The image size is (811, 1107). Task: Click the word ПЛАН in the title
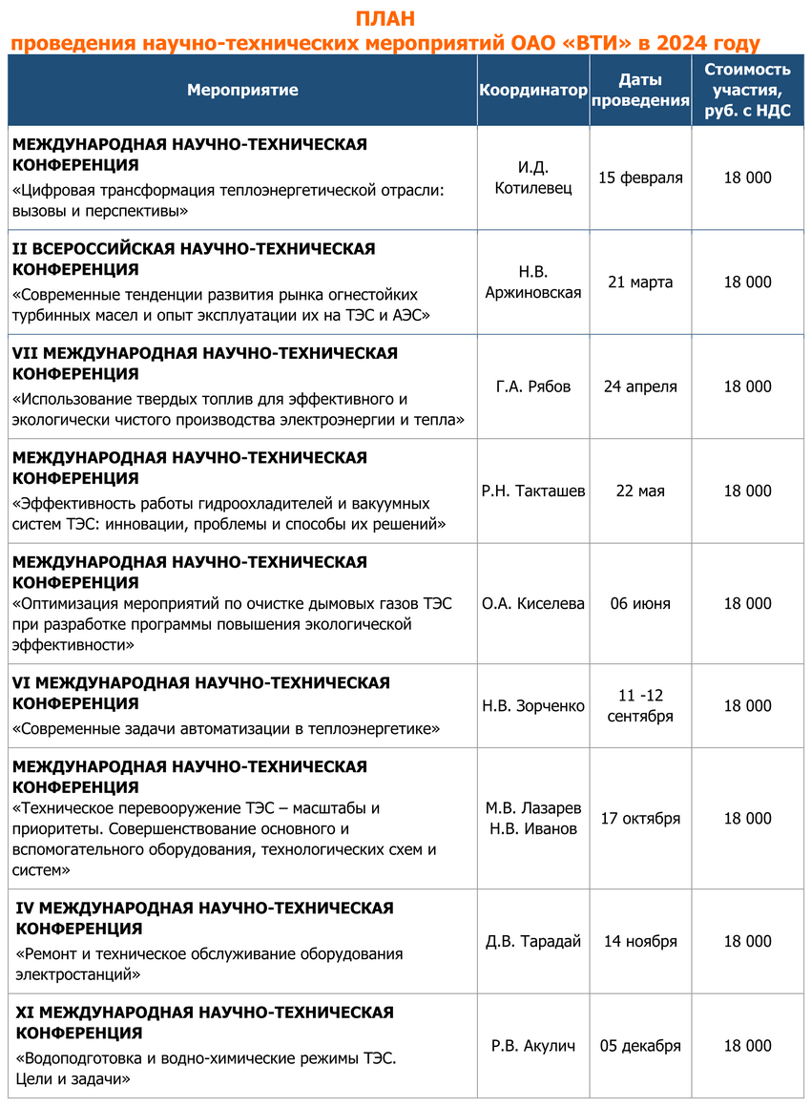[x=385, y=20]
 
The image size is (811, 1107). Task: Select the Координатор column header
[x=533, y=90]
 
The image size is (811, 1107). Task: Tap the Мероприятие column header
[x=242, y=90]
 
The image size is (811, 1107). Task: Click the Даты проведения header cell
[x=640, y=90]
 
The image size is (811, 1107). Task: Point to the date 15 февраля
[x=640, y=178]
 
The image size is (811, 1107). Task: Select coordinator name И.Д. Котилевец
[x=533, y=178]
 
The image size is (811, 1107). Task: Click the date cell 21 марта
[x=640, y=282]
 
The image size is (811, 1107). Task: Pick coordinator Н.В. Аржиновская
[x=533, y=282]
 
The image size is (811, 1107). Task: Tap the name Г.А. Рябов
[x=533, y=386]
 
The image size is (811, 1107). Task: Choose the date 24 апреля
[x=640, y=386]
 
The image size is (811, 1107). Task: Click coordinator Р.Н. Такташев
[x=533, y=491]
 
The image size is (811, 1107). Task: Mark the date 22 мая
[x=640, y=491]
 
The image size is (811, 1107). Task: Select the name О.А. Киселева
[x=533, y=603]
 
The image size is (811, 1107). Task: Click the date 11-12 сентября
[x=640, y=706]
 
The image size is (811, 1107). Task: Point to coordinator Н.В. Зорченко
[x=533, y=706]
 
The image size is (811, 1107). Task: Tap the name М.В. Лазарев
[x=533, y=808]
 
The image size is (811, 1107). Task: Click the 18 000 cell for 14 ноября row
[x=747, y=941]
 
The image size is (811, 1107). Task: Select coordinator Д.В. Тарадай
[x=533, y=941]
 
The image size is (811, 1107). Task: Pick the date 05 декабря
[x=640, y=1045]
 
